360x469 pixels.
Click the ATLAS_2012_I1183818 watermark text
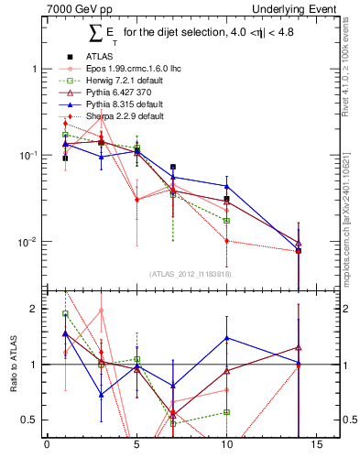[x=189, y=273]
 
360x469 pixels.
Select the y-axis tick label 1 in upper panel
[x=35, y=69]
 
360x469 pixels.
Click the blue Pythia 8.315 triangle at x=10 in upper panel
[x=226, y=187]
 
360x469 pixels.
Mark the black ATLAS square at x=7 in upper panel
[x=172, y=167]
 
